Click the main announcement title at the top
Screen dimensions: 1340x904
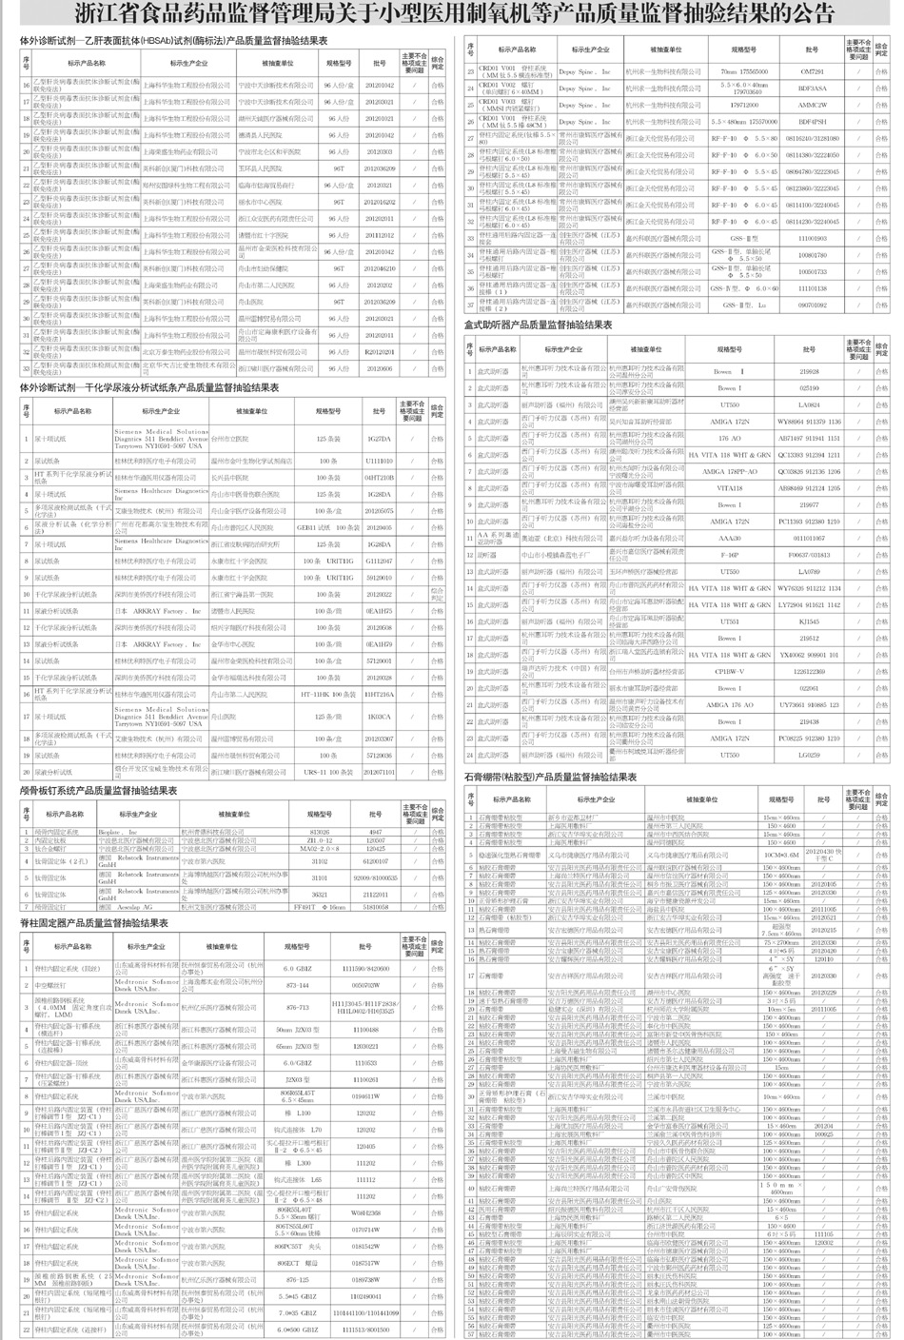click(x=452, y=14)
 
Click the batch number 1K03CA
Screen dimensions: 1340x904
click(x=379, y=716)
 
